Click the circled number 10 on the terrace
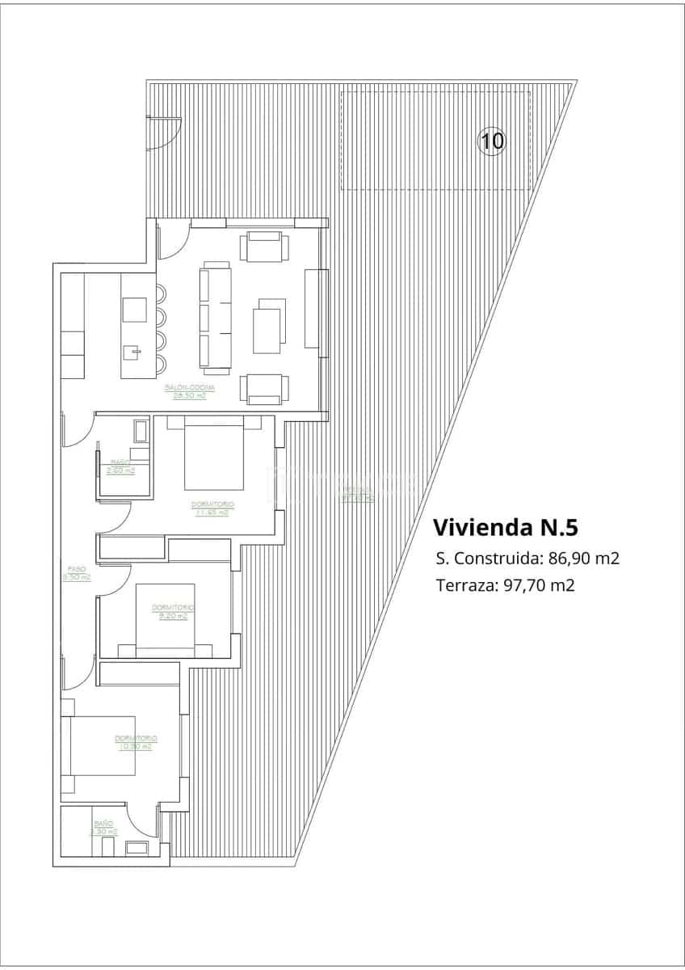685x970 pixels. point(492,141)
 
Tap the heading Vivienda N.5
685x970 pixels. point(506,528)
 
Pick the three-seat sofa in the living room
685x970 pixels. point(216,318)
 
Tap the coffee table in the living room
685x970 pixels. point(269,326)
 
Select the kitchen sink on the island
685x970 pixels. point(135,352)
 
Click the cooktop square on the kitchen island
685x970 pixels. point(135,310)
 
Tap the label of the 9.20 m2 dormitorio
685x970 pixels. point(174,611)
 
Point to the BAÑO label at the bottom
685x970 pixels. point(103,824)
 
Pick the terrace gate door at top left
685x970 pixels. point(164,133)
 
